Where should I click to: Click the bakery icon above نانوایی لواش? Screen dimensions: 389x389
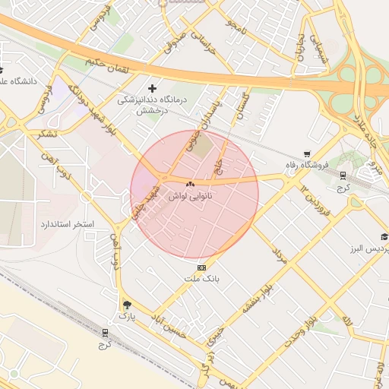(190, 184)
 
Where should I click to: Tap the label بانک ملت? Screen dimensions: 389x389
(201, 279)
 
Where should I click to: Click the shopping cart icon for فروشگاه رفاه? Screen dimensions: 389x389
(307, 153)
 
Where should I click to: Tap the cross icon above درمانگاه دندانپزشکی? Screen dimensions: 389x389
(153, 89)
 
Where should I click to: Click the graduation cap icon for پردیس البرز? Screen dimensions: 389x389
(384, 237)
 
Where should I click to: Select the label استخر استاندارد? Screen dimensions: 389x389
(67, 226)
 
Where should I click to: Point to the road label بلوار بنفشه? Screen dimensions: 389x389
(257, 299)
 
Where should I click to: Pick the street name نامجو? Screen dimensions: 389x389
(236, 27)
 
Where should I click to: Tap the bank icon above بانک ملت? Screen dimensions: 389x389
(201, 267)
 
